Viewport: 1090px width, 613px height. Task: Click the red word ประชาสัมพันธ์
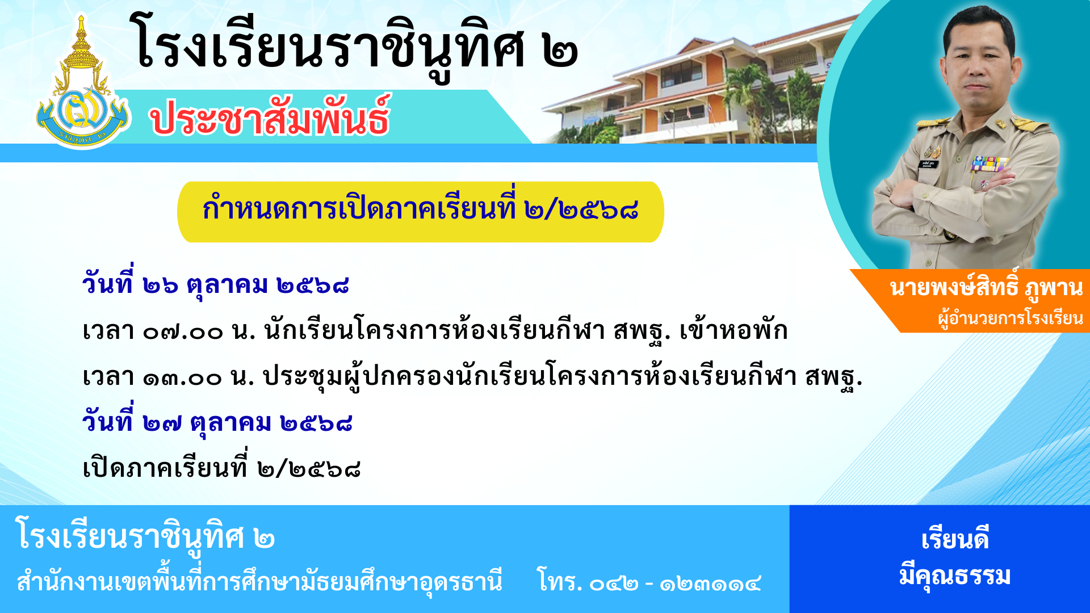click(x=270, y=117)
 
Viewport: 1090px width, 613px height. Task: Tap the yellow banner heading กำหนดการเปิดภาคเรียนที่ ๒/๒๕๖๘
click(x=421, y=209)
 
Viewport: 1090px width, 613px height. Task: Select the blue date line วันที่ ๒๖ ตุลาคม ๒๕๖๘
click(x=215, y=282)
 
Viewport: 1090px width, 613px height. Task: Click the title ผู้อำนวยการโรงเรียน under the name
click(x=1011, y=318)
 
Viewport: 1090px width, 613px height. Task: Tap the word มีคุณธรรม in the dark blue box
click(x=955, y=576)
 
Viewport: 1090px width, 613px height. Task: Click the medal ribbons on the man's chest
click(x=989, y=163)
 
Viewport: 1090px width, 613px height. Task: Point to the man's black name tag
click(x=929, y=164)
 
